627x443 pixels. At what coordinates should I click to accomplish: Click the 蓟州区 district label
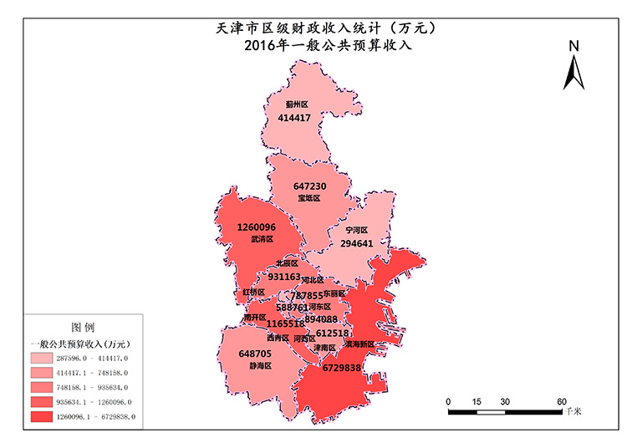click(x=297, y=104)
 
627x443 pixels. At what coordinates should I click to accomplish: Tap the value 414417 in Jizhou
click(x=294, y=118)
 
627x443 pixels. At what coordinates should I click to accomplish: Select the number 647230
click(x=309, y=186)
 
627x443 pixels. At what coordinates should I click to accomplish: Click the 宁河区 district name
click(x=357, y=230)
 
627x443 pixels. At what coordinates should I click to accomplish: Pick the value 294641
click(x=357, y=243)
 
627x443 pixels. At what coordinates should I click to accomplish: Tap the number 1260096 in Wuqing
click(x=257, y=227)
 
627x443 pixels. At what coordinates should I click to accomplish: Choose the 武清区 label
click(x=261, y=239)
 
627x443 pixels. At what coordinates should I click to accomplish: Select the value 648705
click(x=255, y=354)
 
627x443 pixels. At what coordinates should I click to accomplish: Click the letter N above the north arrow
click(x=573, y=47)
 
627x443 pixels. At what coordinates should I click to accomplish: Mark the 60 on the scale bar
click(x=562, y=401)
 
